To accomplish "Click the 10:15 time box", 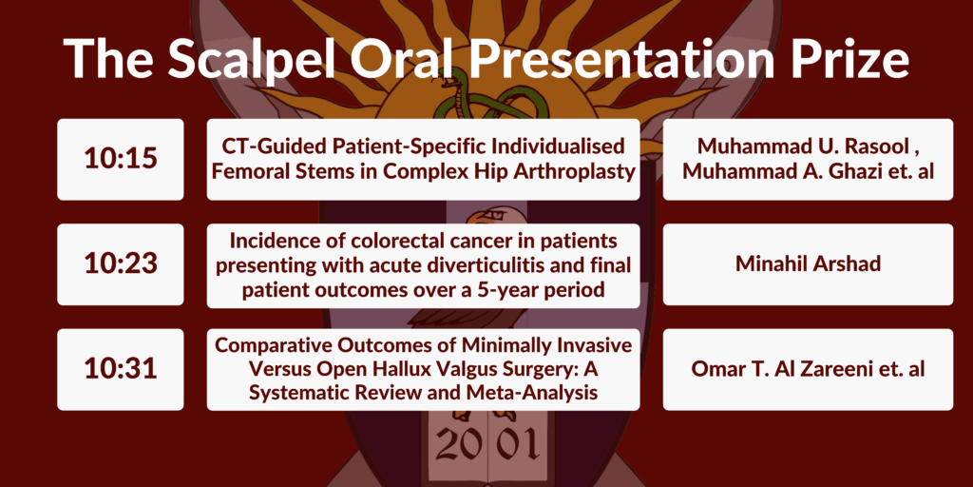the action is coord(121,160).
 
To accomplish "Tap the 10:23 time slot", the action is coord(121,264).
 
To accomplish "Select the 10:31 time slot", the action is coord(121,370).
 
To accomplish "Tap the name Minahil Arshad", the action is coord(808,263).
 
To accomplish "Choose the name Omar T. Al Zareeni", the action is coord(783,368).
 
